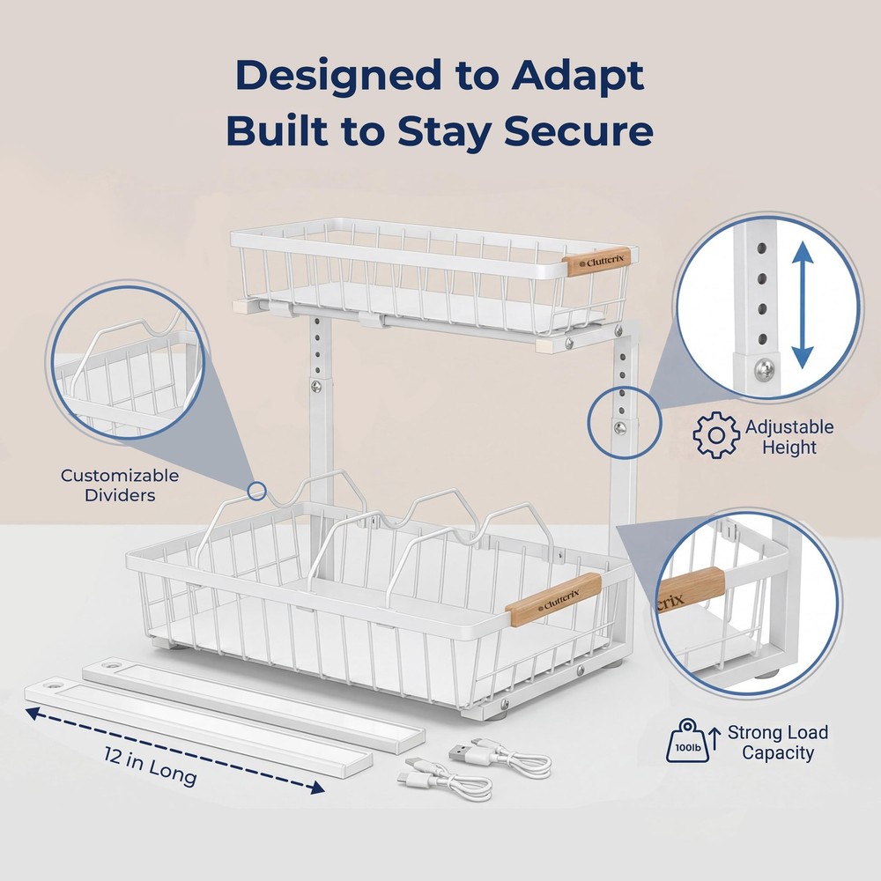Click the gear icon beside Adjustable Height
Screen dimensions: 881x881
click(715, 435)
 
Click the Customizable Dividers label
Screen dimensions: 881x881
click(120, 485)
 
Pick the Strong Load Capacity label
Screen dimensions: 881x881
click(777, 743)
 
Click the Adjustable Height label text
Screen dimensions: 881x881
click(788, 437)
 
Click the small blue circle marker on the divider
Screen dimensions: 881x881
click(256, 492)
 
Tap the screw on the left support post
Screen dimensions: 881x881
click(315, 385)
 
